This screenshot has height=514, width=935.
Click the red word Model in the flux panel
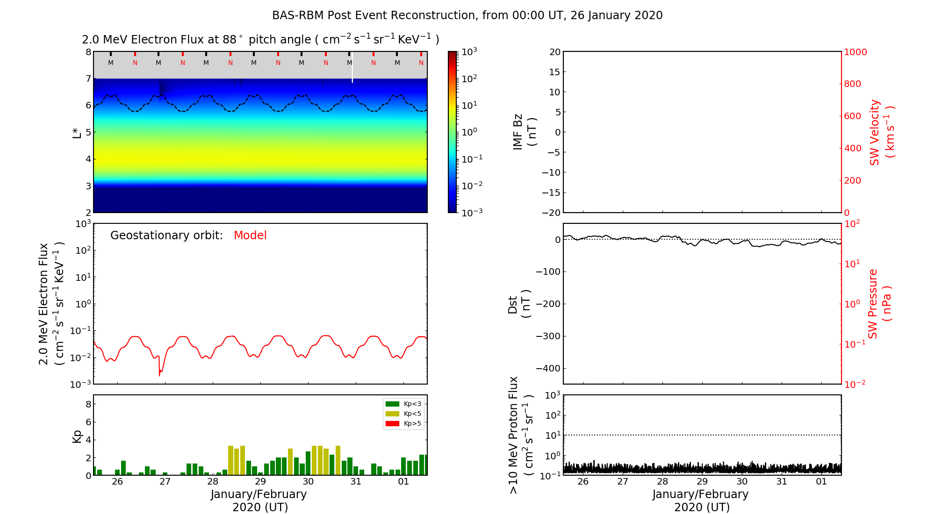pos(250,236)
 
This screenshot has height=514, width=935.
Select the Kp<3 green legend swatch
pos(392,404)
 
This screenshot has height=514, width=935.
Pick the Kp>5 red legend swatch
pos(392,424)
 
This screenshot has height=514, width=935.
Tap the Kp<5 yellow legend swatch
pos(392,414)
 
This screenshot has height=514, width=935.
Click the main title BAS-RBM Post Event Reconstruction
pos(467,15)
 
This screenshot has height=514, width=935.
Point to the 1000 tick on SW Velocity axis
pos(855,52)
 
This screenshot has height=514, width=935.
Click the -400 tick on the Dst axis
pos(548,368)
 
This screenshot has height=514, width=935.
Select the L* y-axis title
pos(77,132)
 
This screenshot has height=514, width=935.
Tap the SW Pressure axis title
pos(880,304)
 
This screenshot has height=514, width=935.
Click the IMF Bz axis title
pos(525,132)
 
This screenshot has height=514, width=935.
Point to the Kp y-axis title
pos(77,436)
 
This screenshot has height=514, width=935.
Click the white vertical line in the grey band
pos(352,68)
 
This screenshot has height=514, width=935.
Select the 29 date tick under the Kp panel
pos(260,482)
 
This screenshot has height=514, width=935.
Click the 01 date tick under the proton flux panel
pos(821,482)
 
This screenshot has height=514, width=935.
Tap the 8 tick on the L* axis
pos(88,52)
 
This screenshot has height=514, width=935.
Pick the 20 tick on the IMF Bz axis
pos(554,52)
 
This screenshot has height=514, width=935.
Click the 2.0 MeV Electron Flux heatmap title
pos(260,40)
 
